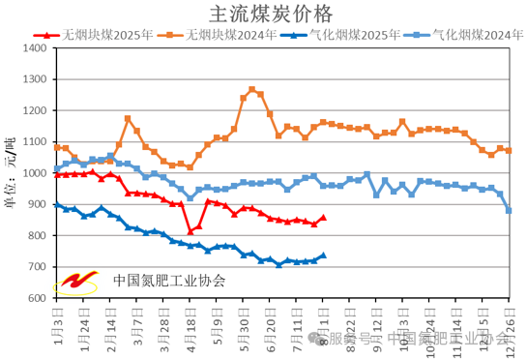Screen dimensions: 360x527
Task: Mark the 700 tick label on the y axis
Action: [x=37, y=267]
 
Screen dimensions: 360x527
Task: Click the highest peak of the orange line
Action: [x=251, y=90]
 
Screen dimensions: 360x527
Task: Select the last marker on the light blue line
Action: [x=509, y=210]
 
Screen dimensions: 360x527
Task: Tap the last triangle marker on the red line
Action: [x=323, y=218]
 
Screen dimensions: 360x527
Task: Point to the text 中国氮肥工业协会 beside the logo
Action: [x=168, y=281]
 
